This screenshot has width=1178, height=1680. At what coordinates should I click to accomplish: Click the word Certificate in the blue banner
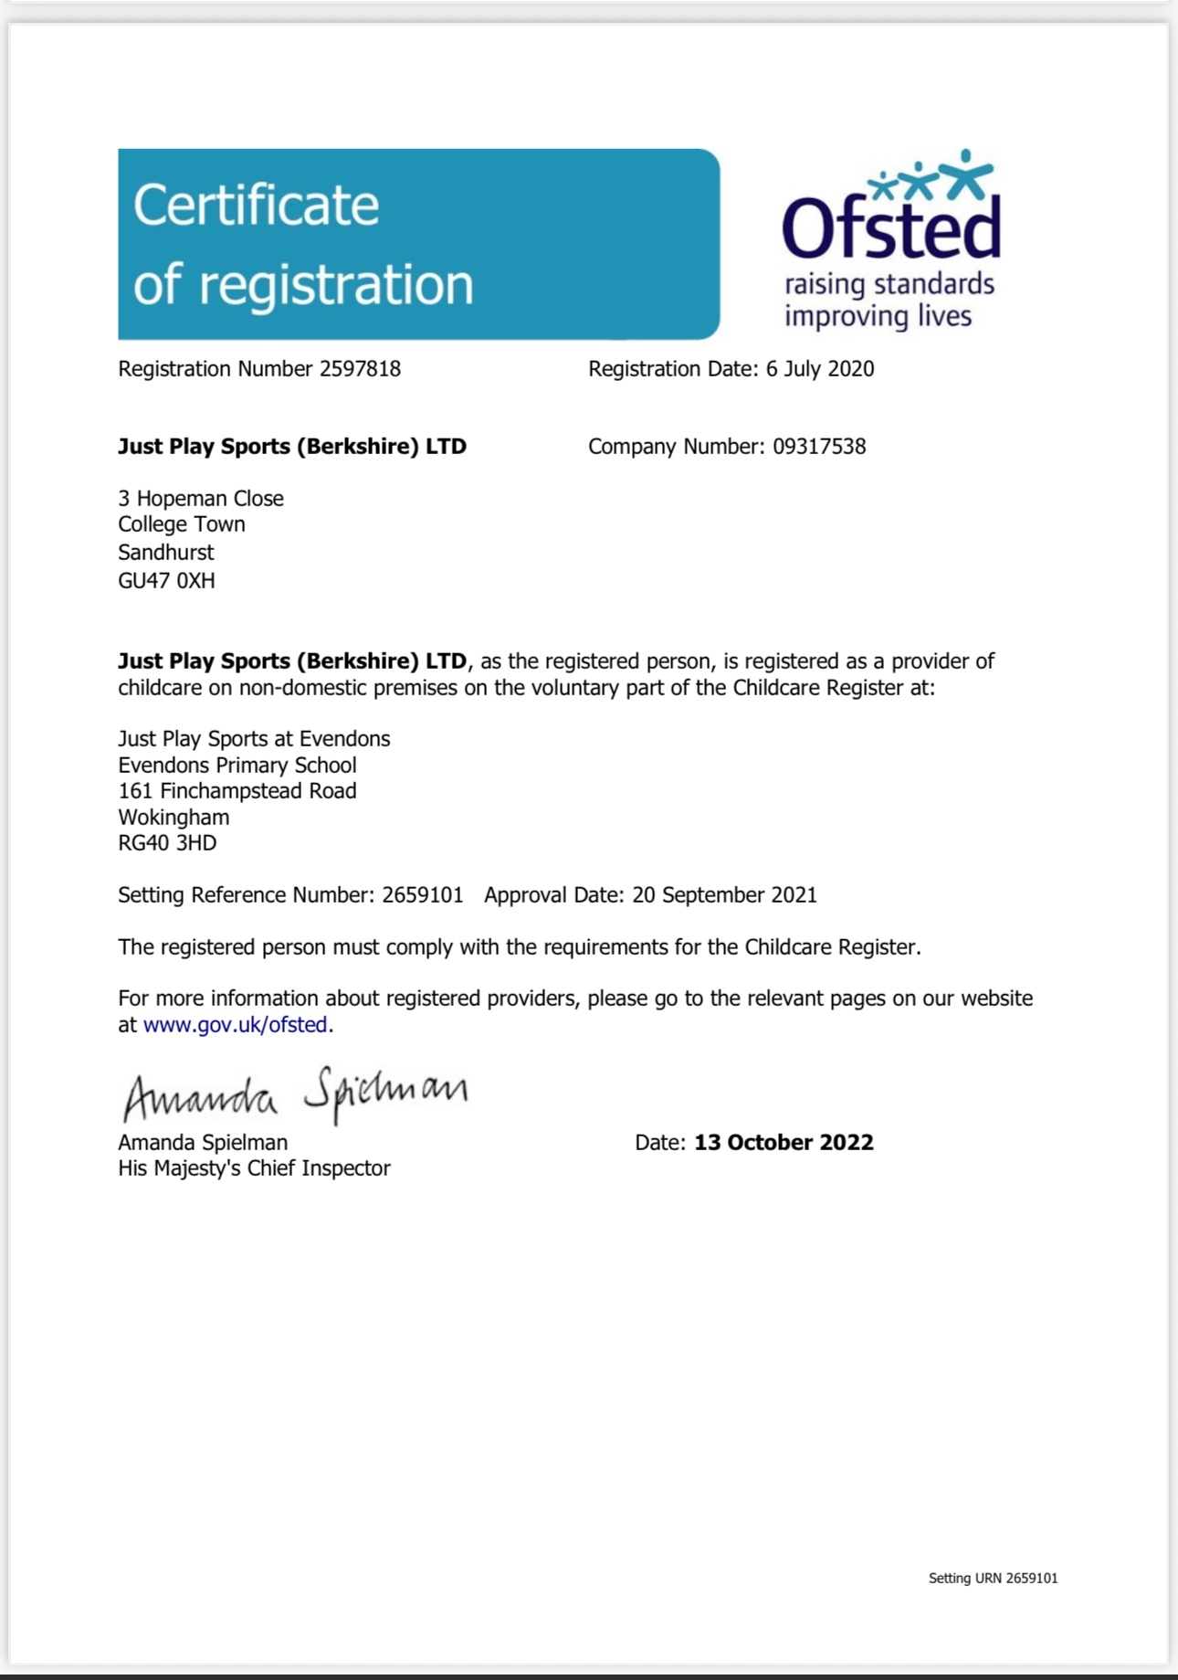[256, 205]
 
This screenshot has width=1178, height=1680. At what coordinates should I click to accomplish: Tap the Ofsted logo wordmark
[890, 228]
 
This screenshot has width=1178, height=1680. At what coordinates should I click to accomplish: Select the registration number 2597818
[360, 369]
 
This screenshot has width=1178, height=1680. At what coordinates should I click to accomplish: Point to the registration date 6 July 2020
[819, 369]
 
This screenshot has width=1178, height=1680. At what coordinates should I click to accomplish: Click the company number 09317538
[819, 447]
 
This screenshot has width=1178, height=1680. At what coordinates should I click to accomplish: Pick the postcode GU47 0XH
[166, 581]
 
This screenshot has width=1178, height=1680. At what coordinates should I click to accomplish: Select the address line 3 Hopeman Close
[201, 499]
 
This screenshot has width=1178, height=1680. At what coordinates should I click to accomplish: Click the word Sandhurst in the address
[165, 553]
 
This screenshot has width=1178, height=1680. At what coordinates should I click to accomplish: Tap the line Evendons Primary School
[237, 766]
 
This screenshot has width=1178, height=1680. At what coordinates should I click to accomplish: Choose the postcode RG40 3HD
[167, 843]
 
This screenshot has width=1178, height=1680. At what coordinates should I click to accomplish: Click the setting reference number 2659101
[423, 895]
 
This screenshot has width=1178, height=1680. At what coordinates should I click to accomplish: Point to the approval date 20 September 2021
[724, 895]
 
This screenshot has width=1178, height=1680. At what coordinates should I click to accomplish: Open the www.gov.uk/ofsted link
[236, 1025]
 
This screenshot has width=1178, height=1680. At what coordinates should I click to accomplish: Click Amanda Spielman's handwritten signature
[294, 1094]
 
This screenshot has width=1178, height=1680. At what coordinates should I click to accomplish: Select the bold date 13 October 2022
[784, 1143]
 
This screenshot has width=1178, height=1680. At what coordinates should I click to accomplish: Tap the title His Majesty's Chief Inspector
[254, 1168]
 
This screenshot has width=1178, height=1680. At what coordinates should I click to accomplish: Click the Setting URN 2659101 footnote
[993, 1578]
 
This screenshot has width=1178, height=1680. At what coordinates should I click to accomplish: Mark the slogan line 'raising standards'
[889, 284]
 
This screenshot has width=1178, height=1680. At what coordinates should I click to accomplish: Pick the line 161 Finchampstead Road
[237, 791]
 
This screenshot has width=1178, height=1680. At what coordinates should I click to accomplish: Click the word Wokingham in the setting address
[174, 818]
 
